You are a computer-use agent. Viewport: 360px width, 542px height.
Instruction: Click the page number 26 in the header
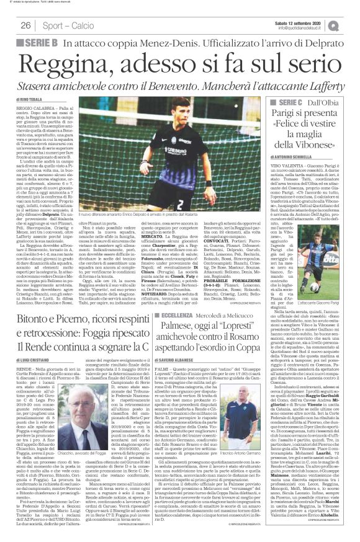tap(26, 25)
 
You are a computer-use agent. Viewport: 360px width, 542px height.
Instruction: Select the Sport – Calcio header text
tap(67, 25)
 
